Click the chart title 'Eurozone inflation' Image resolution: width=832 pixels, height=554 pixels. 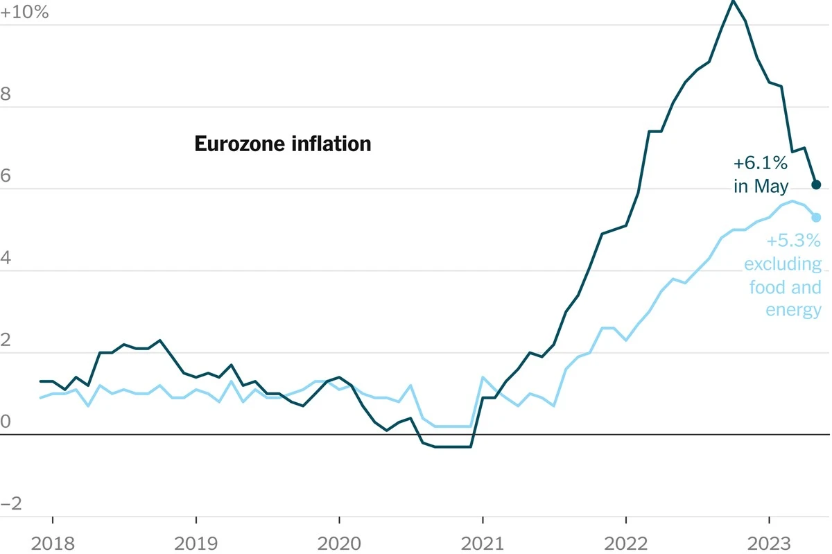(x=282, y=144)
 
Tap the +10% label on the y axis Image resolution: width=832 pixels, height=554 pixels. (x=25, y=12)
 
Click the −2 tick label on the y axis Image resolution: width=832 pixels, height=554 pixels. (x=12, y=503)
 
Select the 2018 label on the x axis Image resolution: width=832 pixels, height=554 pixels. (x=53, y=542)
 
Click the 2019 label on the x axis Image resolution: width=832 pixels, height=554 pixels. (x=196, y=542)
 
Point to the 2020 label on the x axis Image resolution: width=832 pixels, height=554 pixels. (x=339, y=542)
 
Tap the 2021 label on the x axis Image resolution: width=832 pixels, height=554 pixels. (x=483, y=542)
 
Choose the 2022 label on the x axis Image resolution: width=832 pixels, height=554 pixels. (x=625, y=542)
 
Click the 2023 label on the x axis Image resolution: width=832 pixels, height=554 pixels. (x=769, y=542)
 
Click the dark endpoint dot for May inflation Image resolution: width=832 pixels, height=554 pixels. (x=816, y=184)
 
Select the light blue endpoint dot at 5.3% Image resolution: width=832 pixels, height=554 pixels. (x=816, y=217)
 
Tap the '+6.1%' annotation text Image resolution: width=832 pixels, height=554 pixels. (x=761, y=164)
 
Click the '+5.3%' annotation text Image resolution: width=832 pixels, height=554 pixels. (x=793, y=241)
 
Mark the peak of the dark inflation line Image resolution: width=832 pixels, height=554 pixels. (x=733, y=1)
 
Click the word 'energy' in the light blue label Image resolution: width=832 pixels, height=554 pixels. (x=793, y=309)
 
